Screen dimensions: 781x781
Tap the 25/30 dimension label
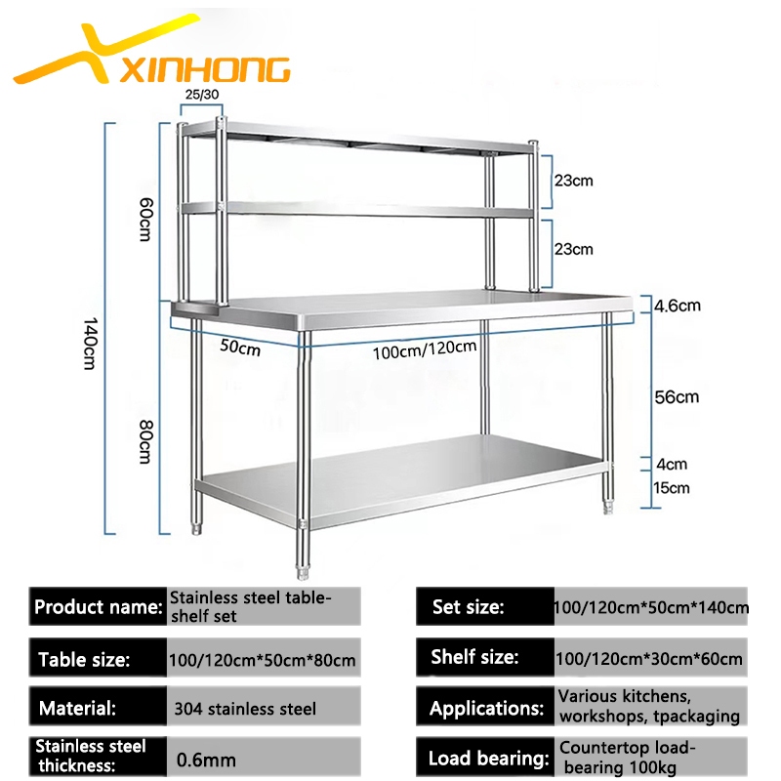202,95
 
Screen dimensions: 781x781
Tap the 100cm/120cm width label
424,349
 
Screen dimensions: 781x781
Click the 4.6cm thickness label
677,305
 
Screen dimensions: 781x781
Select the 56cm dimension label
677,396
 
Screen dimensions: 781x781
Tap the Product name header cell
97,606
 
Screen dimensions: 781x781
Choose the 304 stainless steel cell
245,708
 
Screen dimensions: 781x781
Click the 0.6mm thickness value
207,757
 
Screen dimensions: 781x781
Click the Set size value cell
650,607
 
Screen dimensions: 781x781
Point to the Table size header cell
97,658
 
